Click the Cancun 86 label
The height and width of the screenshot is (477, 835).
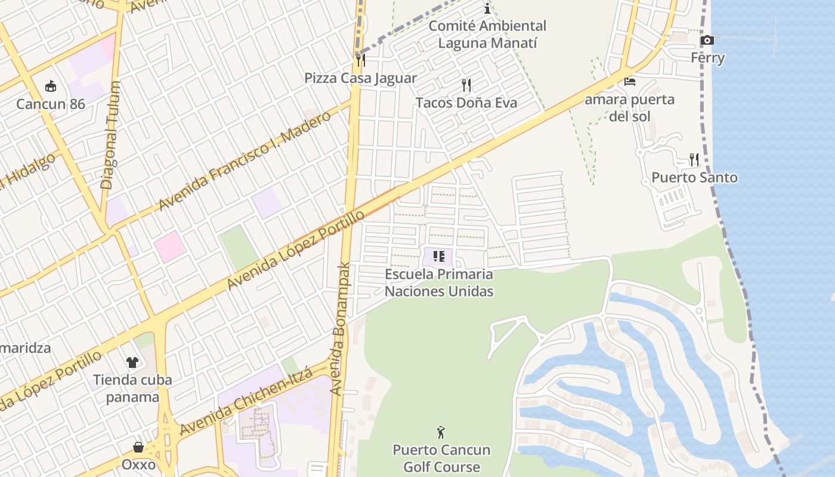[51, 104]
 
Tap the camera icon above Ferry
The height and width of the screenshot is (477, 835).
[707, 41]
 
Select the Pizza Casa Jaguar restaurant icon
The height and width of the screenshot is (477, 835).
[360, 60]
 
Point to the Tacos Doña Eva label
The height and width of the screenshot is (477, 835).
[466, 103]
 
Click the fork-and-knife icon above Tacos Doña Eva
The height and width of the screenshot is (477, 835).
[466, 85]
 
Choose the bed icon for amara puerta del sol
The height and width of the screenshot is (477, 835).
[629, 81]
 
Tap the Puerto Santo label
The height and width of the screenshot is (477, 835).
[694, 178]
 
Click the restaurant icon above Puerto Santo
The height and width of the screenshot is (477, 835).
[694, 160]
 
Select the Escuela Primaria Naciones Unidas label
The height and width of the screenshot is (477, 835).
[439, 283]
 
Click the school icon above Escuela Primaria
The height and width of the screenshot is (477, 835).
[439, 257]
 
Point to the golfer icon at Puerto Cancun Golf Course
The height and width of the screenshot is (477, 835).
[441, 432]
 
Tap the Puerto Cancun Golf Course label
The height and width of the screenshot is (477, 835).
[441, 458]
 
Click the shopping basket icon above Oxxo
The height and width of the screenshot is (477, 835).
[138, 447]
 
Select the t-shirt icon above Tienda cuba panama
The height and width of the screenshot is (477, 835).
[132, 362]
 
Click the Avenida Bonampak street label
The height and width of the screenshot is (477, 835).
[341, 330]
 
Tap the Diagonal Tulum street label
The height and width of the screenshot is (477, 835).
[111, 136]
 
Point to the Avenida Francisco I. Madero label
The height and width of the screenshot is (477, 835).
[244, 161]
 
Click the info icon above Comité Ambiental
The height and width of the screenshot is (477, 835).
[487, 8]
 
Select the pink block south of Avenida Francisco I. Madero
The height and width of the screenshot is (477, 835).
[169, 246]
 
